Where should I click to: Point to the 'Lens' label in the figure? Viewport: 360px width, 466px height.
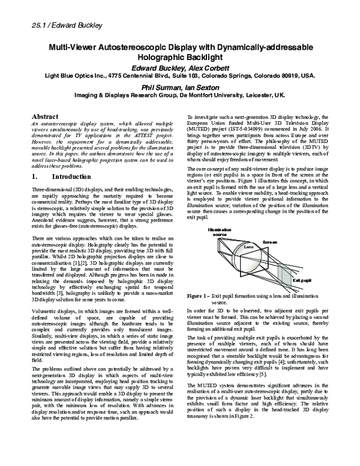click(x=247, y=246)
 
